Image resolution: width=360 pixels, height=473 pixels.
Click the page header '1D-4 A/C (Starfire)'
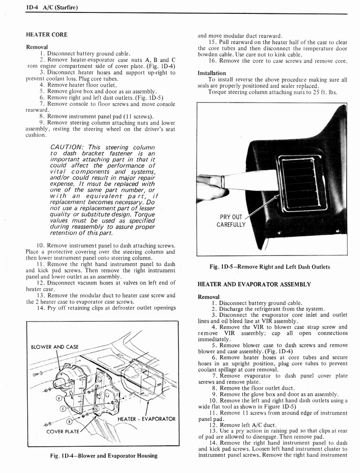click(51, 7)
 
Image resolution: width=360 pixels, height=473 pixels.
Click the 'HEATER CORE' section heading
click(47, 35)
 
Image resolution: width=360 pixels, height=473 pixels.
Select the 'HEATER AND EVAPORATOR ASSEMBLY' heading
click(254, 284)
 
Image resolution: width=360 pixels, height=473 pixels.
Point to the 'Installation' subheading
click(212, 73)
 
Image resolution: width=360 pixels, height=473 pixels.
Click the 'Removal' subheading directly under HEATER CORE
click(37, 47)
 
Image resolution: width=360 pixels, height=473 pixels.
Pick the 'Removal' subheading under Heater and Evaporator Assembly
click(209, 297)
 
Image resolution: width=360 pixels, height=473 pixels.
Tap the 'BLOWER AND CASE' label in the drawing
click(55, 347)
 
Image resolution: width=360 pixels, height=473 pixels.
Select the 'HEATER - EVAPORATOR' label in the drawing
click(147, 419)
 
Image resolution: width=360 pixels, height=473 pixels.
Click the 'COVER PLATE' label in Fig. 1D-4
click(63, 432)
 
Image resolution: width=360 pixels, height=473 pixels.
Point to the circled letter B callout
click(70, 421)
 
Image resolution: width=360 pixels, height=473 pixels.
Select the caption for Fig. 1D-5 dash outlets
click(270, 267)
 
